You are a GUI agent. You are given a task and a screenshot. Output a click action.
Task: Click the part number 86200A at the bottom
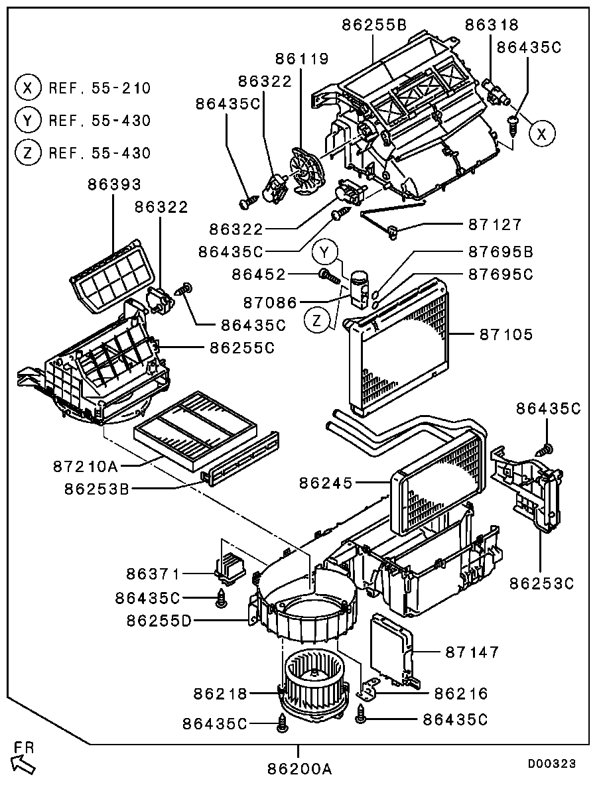pyautogui.click(x=299, y=769)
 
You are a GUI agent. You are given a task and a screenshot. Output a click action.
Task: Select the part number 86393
pyautogui.click(x=114, y=184)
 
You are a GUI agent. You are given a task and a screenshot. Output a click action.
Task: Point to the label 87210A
pyautogui.click(x=86, y=466)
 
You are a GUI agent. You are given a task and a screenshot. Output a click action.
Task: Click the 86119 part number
pyautogui.click(x=302, y=59)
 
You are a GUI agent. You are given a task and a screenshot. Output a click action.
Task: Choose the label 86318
pyautogui.click(x=492, y=25)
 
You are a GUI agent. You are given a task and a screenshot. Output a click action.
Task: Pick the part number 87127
pyautogui.click(x=495, y=225)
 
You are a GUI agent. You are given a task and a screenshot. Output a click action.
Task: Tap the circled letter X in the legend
pyautogui.click(x=27, y=88)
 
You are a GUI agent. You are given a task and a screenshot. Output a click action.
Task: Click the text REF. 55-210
pyautogui.click(x=100, y=88)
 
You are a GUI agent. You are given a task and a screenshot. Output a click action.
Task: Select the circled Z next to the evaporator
pyautogui.click(x=318, y=321)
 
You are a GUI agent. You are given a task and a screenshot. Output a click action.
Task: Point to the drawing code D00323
pyautogui.click(x=551, y=764)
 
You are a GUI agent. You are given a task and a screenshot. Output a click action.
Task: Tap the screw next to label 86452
pyautogui.click(x=328, y=274)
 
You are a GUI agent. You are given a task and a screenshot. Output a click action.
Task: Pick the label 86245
pyautogui.click(x=326, y=483)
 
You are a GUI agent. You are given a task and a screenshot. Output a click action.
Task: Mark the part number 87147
pyautogui.click(x=472, y=653)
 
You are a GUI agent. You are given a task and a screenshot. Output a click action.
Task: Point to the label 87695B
pyautogui.click(x=501, y=253)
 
